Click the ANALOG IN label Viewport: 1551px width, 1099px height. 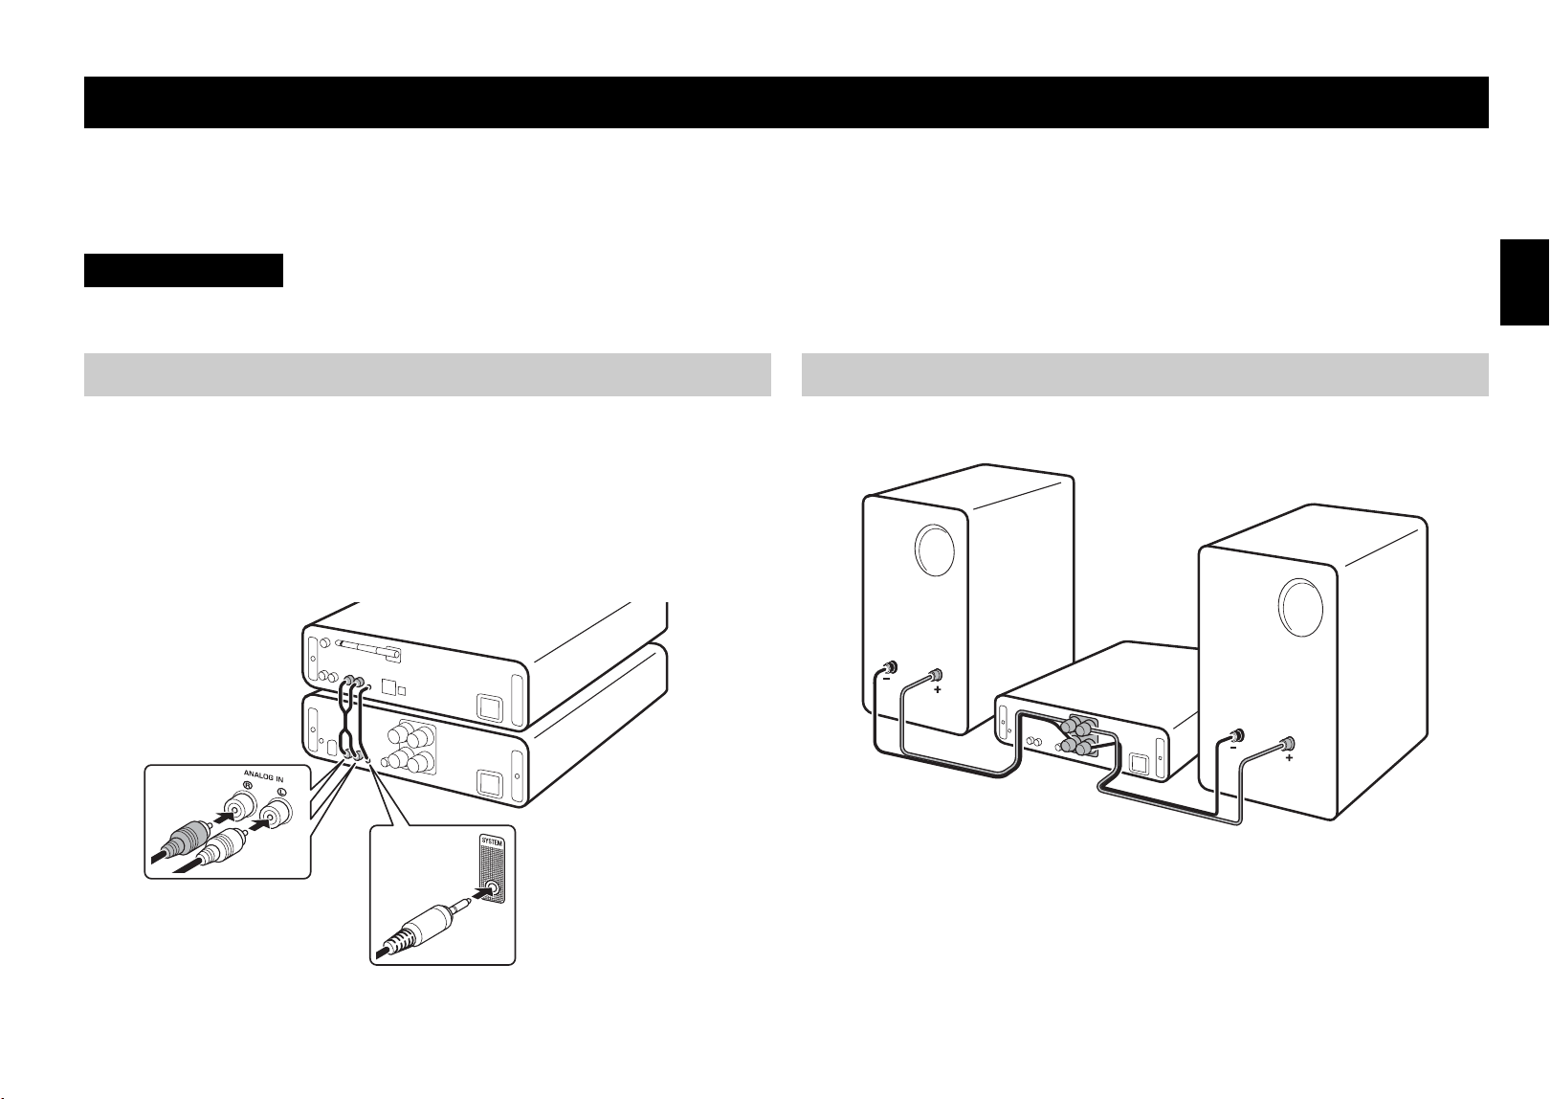coord(263,776)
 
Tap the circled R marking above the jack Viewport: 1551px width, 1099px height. coord(247,786)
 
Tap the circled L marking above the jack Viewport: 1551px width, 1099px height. coord(281,793)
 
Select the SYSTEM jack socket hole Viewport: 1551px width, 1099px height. coord(493,887)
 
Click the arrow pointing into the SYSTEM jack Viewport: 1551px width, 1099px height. coord(488,892)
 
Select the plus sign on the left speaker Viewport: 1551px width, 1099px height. coord(938,690)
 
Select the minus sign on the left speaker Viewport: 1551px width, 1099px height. coord(886,679)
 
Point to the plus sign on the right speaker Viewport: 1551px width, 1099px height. coord(1289,758)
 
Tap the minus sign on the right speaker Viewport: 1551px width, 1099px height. coord(1233,749)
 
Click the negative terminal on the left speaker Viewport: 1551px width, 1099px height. coord(889,668)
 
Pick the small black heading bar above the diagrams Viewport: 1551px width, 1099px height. coord(184,270)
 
